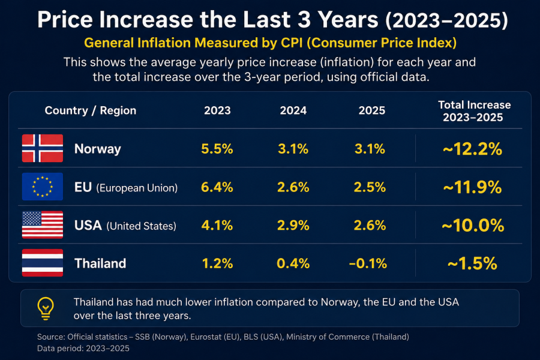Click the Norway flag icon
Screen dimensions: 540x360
(43, 148)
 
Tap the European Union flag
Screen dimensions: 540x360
(43, 187)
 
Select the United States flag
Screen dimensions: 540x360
(43, 224)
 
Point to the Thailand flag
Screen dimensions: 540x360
(43, 263)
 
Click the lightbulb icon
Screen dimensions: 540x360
(46, 308)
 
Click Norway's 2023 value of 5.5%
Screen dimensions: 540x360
(217, 149)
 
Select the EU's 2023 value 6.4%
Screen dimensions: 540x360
(217, 187)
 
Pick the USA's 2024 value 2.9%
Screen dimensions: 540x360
(293, 226)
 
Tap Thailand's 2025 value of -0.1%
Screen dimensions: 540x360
(368, 263)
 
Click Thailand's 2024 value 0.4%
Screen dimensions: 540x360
(293, 263)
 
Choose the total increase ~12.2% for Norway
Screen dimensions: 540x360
(473, 149)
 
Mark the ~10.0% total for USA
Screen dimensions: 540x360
(473, 226)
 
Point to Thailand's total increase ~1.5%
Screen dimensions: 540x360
(473, 263)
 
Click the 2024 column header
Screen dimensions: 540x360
(293, 110)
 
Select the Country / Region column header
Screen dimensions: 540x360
(91, 110)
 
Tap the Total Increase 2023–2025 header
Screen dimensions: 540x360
(474, 111)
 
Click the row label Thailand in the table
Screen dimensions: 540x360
(100, 263)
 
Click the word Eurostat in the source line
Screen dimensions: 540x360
(206, 337)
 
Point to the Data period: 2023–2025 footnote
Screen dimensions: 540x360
(83, 348)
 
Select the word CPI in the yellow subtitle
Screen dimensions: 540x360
(292, 43)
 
